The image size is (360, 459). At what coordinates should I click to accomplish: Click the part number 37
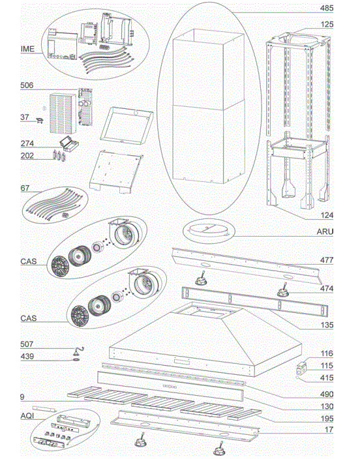pyautogui.click(x=25, y=117)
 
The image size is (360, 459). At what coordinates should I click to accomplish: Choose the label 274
pyautogui.click(x=27, y=143)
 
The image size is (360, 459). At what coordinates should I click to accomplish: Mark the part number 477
pyautogui.click(x=327, y=260)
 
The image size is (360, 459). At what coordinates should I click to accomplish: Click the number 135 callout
pyautogui.click(x=327, y=325)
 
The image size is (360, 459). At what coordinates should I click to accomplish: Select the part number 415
pyautogui.click(x=327, y=378)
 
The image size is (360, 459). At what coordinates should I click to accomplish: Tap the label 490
pyautogui.click(x=327, y=394)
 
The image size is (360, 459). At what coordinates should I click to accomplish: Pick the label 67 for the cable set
pyautogui.click(x=25, y=188)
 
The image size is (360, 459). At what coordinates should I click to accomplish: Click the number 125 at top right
pyautogui.click(x=327, y=24)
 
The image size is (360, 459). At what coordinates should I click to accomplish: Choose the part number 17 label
pyautogui.click(x=329, y=431)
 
